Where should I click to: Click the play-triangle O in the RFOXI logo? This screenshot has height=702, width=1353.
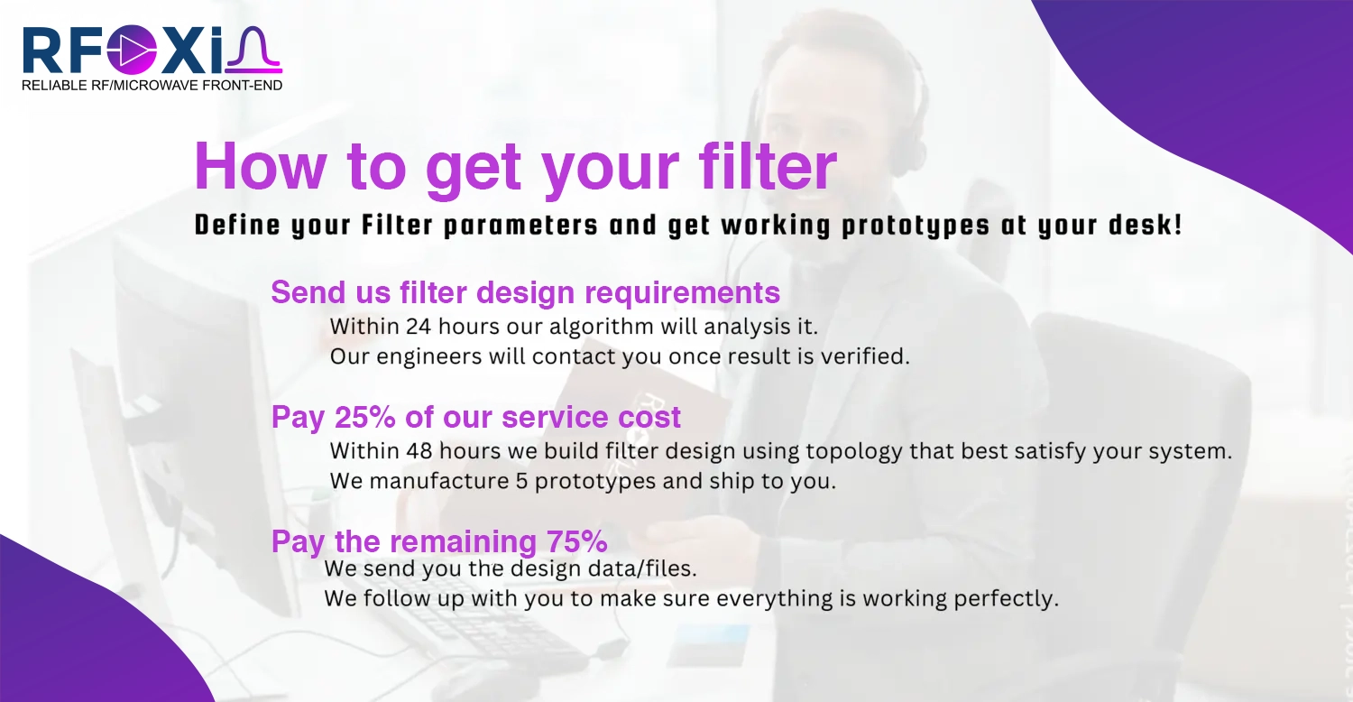pyautogui.click(x=132, y=50)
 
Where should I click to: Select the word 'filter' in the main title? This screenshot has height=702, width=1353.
pyautogui.click(x=768, y=165)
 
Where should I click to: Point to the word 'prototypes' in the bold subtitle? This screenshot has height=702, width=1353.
pyautogui.click(x=916, y=226)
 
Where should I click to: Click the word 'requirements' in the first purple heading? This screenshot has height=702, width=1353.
pyautogui.click(x=682, y=293)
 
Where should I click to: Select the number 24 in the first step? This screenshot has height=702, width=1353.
pyautogui.click(x=418, y=327)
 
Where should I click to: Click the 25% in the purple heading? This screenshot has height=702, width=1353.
pyautogui.click(x=364, y=417)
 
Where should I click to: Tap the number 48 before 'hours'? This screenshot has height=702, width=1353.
pyautogui.click(x=419, y=450)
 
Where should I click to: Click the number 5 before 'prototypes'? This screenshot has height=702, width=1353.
pyautogui.click(x=521, y=482)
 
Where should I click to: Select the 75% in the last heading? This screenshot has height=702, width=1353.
pyautogui.click(x=577, y=541)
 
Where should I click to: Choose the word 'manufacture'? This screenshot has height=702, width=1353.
pyautogui.click(x=440, y=482)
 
